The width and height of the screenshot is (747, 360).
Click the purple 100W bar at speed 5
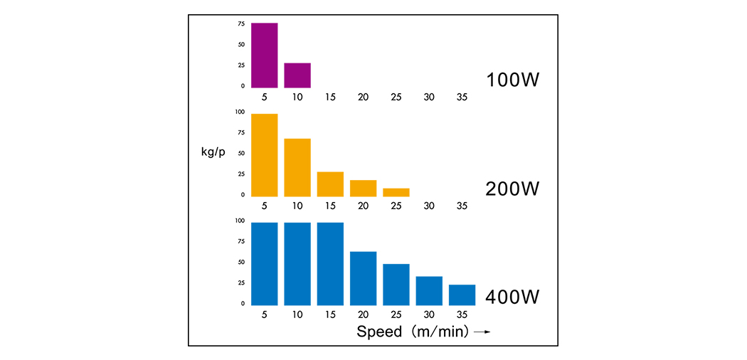click(264, 55)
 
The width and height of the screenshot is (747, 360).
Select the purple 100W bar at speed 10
click(297, 75)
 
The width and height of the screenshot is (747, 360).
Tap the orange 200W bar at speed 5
click(264, 154)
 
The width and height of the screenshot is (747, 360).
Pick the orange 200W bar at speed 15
click(330, 184)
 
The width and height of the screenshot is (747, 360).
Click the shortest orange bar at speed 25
click(396, 192)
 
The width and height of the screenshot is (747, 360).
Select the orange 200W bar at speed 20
click(363, 188)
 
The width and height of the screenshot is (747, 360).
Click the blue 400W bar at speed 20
click(363, 277)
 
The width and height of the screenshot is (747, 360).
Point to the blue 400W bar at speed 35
click(462, 295)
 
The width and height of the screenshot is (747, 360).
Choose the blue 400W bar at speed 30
click(429, 290)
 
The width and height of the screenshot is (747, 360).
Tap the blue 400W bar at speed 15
click(330, 263)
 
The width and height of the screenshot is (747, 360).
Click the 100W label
click(513, 80)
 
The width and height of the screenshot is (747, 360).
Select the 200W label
click(513, 189)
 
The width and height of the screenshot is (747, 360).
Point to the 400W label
click(513, 296)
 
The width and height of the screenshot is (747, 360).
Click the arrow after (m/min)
click(482, 332)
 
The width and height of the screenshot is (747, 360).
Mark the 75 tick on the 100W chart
click(241, 23)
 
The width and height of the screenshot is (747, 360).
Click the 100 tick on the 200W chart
click(240, 112)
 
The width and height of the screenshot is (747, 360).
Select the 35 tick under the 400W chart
click(462, 314)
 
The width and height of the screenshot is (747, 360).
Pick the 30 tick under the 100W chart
click(429, 97)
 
